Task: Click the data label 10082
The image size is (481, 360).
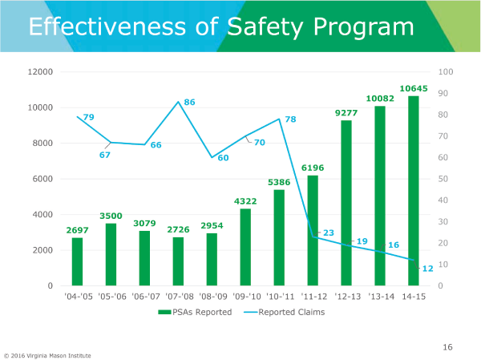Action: [x=379, y=99]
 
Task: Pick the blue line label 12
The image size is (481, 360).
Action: [x=427, y=269]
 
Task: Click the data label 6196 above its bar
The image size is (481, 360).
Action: [x=312, y=168]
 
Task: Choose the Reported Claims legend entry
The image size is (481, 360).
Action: [x=285, y=312]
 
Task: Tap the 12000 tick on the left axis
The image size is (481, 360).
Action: [x=40, y=72]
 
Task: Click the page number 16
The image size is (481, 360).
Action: [x=447, y=347]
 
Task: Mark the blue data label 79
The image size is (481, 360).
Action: [x=88, y=118]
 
